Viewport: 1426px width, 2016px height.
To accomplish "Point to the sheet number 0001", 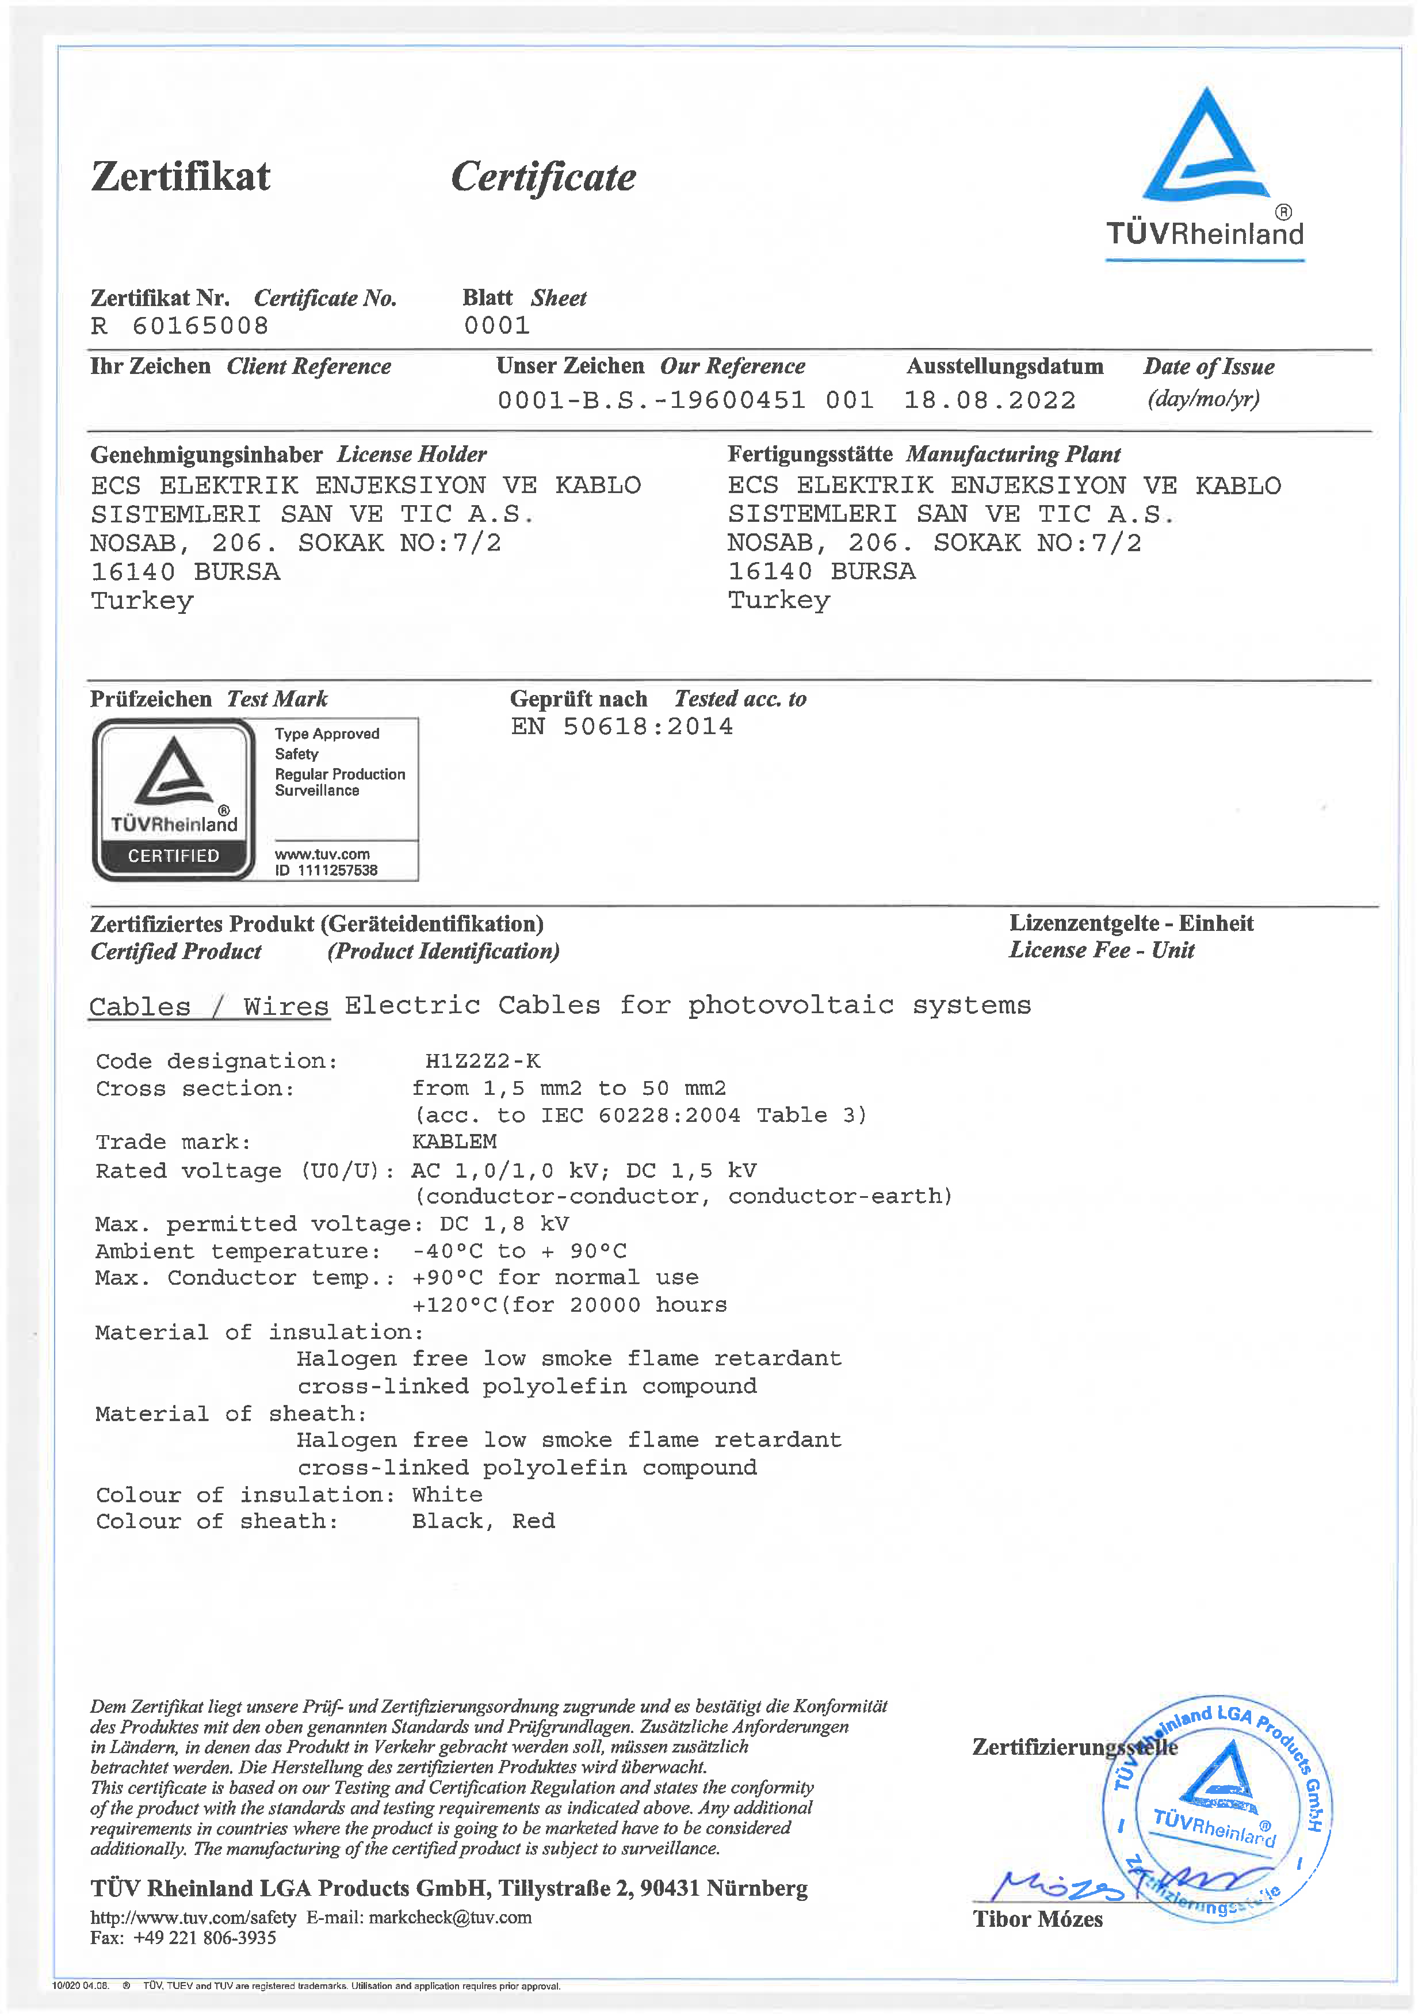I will [x=497, y=326].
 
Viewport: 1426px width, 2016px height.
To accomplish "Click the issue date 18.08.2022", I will [x=989, y=400].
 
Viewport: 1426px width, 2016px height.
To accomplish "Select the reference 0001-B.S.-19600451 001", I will [x=685, y=400].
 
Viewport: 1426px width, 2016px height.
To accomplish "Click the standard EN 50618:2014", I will [x=622, y=726].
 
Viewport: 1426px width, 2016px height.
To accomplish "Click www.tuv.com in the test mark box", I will [x=322, y=853].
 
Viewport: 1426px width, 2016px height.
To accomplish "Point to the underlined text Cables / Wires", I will [x=209, y=1006].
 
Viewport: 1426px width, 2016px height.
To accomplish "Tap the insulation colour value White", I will [x=447, y=1494].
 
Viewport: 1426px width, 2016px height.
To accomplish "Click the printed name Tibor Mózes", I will [x=1037, y=1919].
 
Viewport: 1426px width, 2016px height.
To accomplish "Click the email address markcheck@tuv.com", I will [x=450, y=1918].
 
